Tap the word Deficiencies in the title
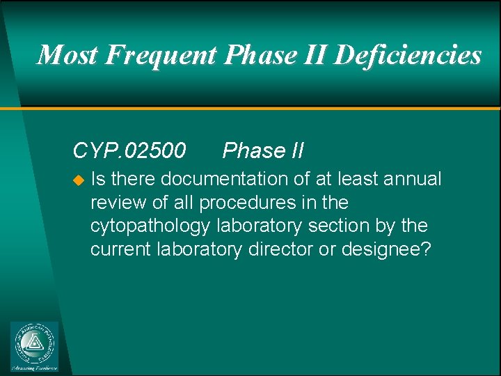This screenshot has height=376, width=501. pyautogui.click(x=408, y=54)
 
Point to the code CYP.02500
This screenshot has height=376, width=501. pyautogui.click(x=129, y=150)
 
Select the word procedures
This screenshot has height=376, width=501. pyautogui.click(x=240, y=203)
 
